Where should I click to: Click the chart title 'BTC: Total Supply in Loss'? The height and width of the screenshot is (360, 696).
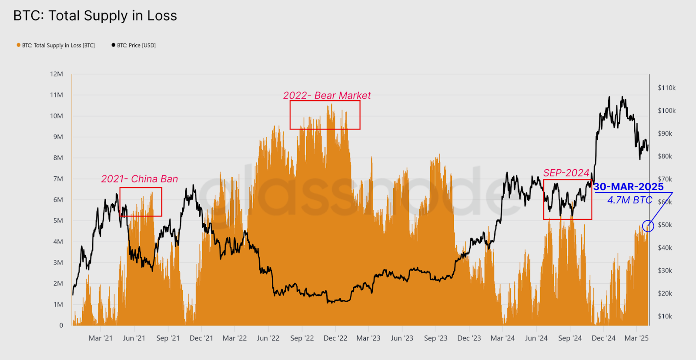click(x=95, y=16)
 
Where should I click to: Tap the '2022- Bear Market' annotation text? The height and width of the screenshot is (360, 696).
click(x=327, y=95)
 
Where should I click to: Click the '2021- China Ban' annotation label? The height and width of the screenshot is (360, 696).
click(x=139, y=179)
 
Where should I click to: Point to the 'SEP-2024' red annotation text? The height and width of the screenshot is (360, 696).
click(x=566, y=173)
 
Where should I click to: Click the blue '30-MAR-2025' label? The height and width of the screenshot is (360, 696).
click(x=629, y=187)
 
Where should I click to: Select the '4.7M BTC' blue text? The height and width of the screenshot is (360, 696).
click(x=629, y=200)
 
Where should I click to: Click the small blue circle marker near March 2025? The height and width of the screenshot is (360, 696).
click(x=648, y=226)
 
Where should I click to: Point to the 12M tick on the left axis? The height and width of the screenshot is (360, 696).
click(x=57, y=74)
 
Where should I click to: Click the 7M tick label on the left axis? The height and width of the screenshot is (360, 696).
click(x=58, y=179)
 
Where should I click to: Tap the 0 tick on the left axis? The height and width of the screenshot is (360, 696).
click(x=61, y=325)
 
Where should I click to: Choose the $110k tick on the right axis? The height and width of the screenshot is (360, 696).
click(x=666, y=88)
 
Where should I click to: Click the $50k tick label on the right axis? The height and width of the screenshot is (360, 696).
click(x=665, y=225)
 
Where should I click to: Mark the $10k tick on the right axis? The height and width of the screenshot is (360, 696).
click(x=665, y=316)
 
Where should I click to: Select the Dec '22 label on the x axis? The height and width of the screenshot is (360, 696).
click(x=335, y=338)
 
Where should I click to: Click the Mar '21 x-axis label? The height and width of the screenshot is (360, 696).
click(x=100, y=338)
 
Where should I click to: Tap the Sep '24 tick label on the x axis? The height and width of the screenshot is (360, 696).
click(x=570, y=338)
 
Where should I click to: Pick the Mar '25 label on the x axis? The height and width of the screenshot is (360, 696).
click(x=636, y=338)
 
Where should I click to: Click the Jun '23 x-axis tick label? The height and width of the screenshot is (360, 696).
click(x=402, y=338)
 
